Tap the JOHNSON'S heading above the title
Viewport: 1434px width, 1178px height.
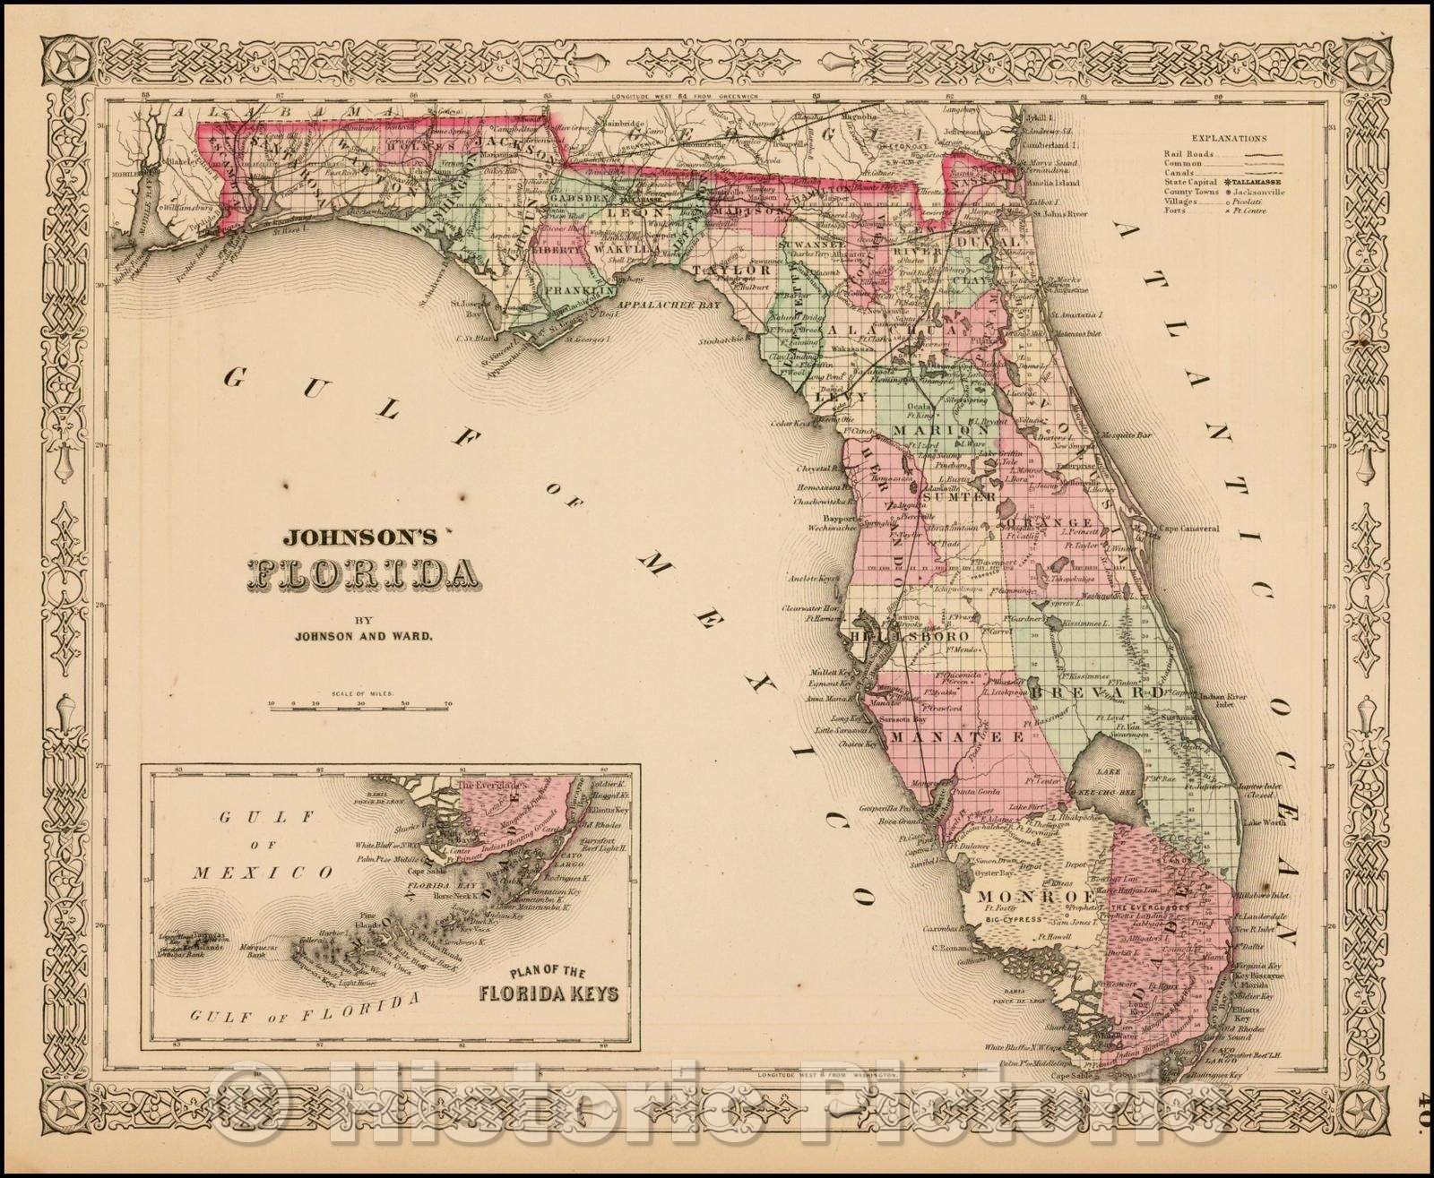pos(359,538)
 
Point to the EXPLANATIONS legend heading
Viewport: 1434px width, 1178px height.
pos(1230,139)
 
